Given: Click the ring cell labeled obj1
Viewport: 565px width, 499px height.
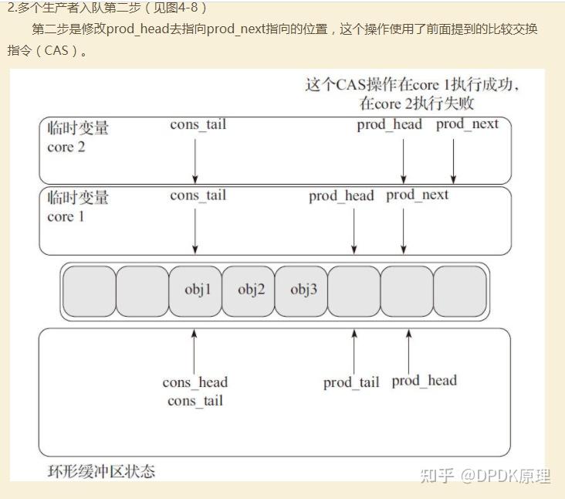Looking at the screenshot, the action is [x=195, y=291].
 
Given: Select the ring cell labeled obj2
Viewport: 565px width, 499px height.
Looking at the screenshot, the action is [x=249, y=291].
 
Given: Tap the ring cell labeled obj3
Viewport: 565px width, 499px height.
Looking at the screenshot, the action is [x=301, y=291].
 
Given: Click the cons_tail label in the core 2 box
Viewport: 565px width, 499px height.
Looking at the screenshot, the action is [x=198, y=125].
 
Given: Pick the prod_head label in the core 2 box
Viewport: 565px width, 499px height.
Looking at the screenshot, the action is [x=390, y=125].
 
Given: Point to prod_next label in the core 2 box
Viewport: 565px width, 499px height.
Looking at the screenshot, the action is [x=467, y=124].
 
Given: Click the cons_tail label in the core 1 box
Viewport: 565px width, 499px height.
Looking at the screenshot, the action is [x=198, y=195].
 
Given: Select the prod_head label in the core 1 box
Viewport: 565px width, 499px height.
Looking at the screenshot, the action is [x=341, y=196].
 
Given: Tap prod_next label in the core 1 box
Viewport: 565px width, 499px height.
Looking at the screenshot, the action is [x=418, y=195].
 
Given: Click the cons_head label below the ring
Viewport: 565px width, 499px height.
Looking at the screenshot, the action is [x=195, y=382].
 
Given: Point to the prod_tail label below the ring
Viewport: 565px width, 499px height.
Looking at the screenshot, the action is [x=351, y=382].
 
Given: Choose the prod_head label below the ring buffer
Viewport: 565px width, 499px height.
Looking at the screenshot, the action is [x=424, y=381].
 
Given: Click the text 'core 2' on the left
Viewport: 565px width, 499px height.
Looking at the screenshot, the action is [x=66, y=147].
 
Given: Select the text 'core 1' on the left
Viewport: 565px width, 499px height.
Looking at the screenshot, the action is [x=66, y=217].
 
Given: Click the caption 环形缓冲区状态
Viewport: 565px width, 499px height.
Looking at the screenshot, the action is [x=101, y=472].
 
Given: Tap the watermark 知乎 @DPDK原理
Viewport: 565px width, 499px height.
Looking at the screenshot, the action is [x=485, y=476].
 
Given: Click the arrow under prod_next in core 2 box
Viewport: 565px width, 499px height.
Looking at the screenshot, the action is [x=453, y=161].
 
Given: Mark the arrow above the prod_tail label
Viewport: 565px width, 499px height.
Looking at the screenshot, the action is [x=354, y=351].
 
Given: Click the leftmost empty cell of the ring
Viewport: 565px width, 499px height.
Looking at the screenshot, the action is [x=90, y=291].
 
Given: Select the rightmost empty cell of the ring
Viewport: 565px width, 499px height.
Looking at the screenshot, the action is [x=460, y=291].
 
